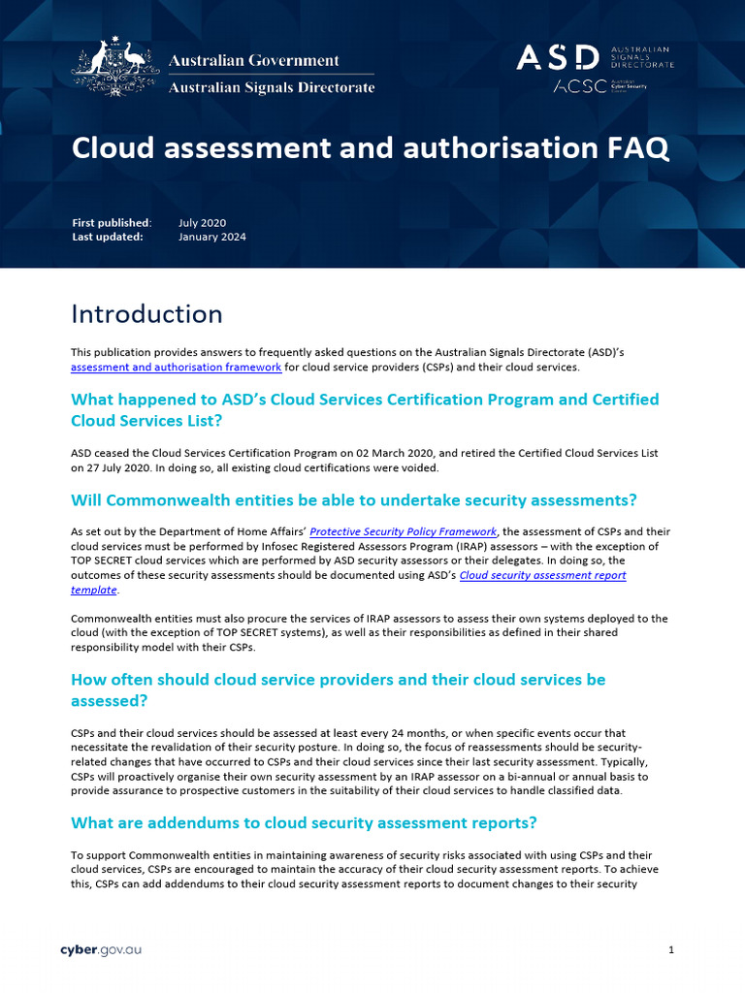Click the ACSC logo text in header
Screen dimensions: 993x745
tap(578, 86)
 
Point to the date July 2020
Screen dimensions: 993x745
tap(202, 222)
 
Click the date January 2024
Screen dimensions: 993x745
tap(211, 237)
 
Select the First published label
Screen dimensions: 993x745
tap(111, 222)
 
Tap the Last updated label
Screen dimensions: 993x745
tap(107, 237)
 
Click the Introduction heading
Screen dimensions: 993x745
tap(146, 314)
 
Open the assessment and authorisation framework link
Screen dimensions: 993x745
tap(177, 368)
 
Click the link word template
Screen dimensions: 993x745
tap(94, 590)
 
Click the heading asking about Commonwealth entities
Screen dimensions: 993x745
tap(354, 500)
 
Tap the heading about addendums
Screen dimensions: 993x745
tap(304, 822)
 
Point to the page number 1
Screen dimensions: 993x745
tap(671, 950)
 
